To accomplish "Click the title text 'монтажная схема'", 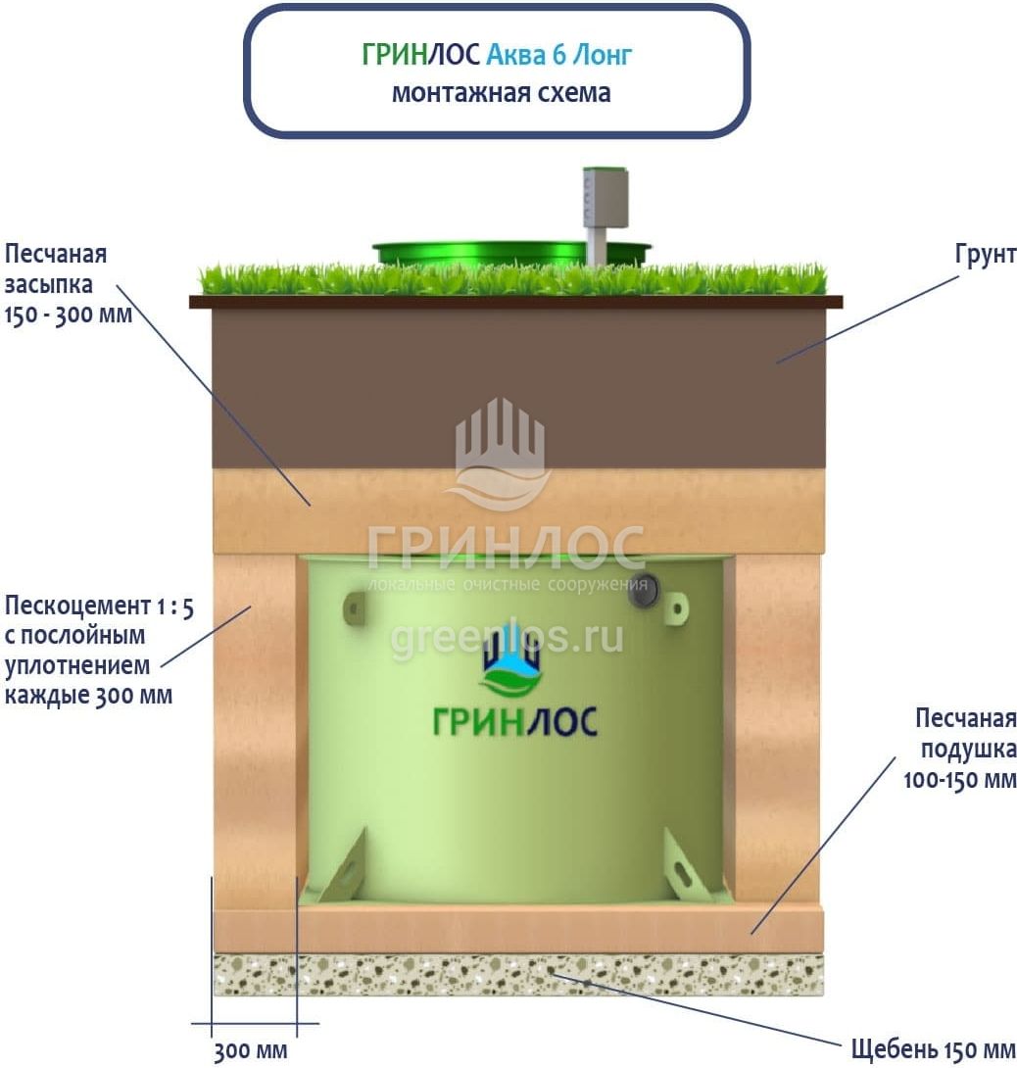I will pyautogui.click(x=501, y=93).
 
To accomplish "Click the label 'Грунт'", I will pyautogui.click(x=986, y=256).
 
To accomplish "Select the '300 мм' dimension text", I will pyautogui.click(x=251, y=1051).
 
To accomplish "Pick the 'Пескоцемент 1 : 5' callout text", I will pyautogui.click(x=99, y=607).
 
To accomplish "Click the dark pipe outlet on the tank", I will pyautogui.click(x=642, y=591).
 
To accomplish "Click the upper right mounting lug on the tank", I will pyautogui.click(x=675, y=608).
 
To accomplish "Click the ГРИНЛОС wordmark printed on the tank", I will pyautogui.click(x=514, y=721).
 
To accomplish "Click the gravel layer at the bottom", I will pyautogui.click(x=517, y=975).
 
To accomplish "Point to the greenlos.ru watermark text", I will pyautogui.click(x=508, y=639).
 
